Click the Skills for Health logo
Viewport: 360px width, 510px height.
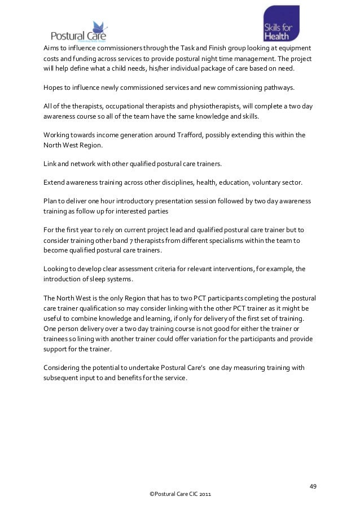click(281, 24)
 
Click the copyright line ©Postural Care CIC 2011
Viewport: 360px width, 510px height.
click(179, 494)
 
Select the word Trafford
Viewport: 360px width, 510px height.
click(195, 136)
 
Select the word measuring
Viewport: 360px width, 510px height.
click(243, 368)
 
